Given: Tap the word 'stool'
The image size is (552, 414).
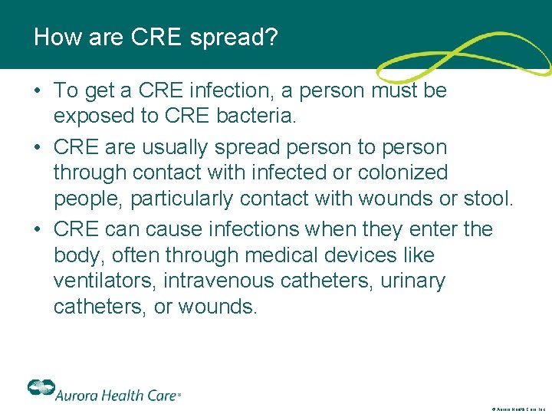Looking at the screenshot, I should tap(487, 199).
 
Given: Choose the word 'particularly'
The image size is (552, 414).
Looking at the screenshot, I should tap(182, 199).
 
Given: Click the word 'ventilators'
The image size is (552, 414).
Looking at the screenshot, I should tap(104, 281).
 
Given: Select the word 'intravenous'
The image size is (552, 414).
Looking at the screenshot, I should tap(219, 281).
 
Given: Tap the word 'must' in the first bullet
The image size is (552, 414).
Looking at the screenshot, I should tap(391, 90).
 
